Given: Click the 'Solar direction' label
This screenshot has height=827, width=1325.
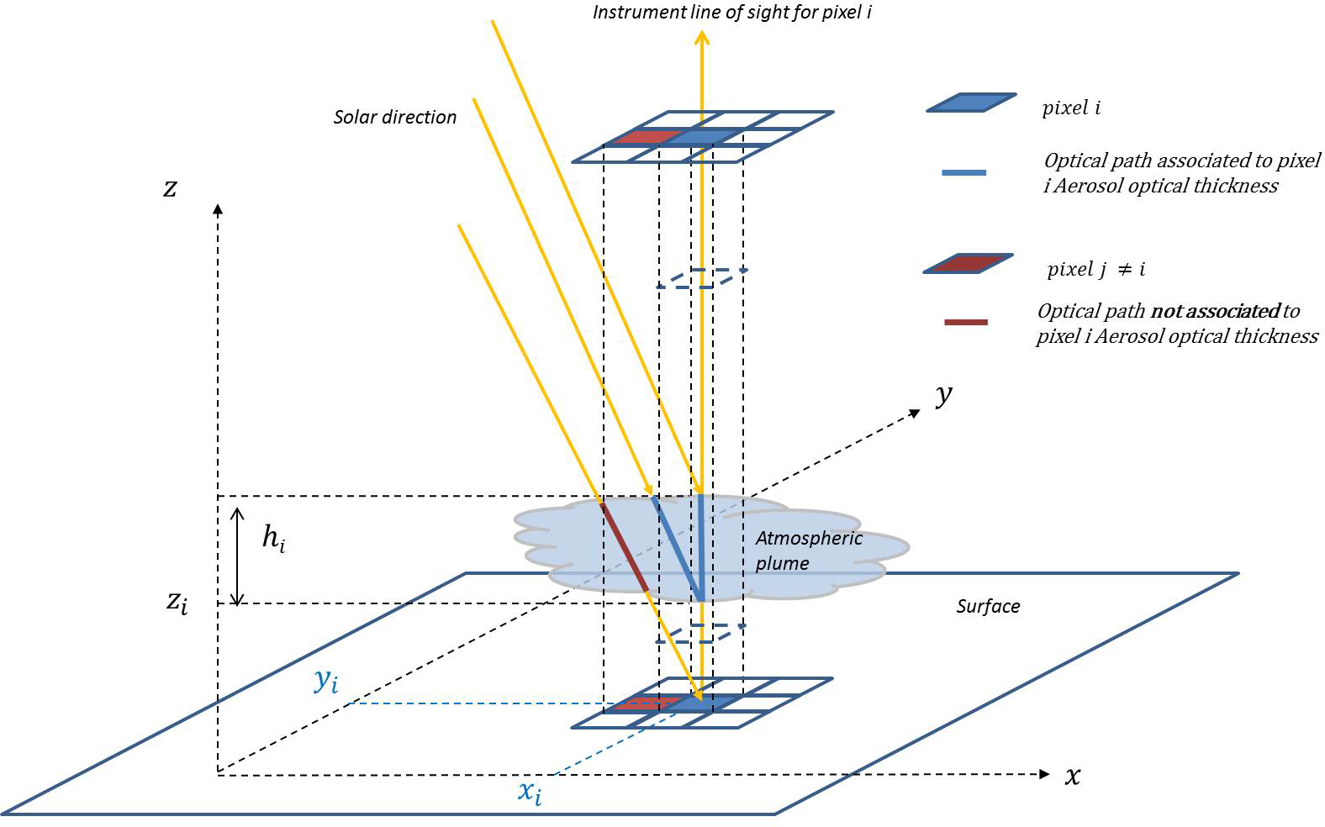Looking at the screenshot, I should coord(394,117).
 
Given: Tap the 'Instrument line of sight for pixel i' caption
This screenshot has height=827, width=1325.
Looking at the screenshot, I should coord(731,13).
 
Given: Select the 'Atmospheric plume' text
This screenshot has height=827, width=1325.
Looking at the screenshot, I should coord(808,550).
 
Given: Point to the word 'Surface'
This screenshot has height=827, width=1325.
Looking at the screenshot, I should coord(988,606).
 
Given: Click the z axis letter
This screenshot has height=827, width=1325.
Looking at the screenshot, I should coord(170,187).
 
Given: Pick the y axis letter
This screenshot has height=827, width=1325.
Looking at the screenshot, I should coord(944,394).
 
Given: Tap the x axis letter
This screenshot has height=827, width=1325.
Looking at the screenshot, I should coord(1073,776).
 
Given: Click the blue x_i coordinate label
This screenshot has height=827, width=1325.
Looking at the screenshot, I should coord(529,792).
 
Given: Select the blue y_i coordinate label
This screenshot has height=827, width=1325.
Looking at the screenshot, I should coord(325,680).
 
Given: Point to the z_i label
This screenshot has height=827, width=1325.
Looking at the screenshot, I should coord(177,602).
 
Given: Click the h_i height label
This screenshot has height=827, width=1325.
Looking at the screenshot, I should coord(273,537).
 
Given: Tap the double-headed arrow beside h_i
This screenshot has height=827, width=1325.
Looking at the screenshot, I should coord(238,556).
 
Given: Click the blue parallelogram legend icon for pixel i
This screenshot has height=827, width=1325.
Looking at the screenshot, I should coord(971,103).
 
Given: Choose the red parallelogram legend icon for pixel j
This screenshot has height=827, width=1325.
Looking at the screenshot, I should coord(969,264).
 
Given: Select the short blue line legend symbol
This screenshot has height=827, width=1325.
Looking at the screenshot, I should coord(964,172).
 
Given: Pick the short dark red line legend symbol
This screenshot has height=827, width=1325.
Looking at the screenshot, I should coord(965,322).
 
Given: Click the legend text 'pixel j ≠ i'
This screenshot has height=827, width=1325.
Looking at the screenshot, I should coord(1095,269).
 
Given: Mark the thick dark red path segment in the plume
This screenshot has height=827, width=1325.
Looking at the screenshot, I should coord(624,545).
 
